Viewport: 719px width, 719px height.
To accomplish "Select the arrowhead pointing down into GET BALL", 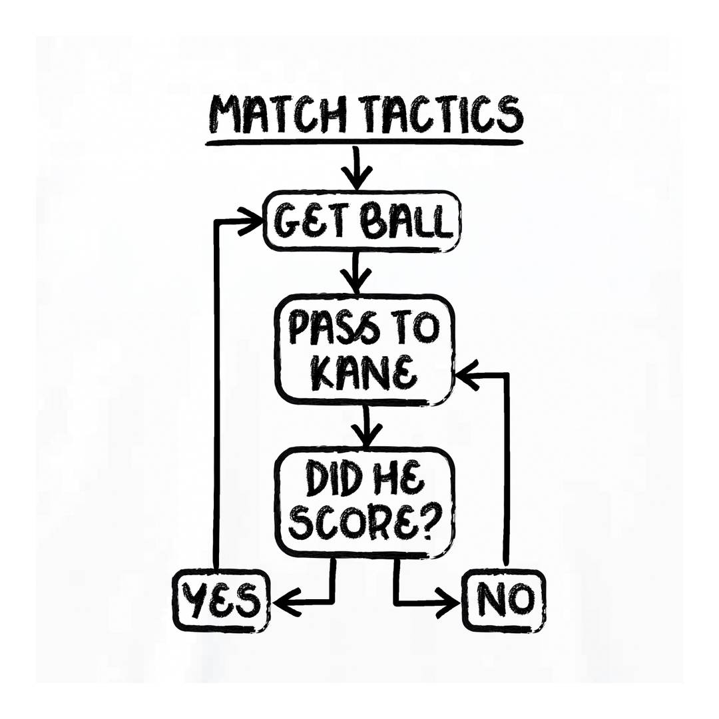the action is coord(356,177).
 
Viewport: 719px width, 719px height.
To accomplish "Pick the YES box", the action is coord(221,600).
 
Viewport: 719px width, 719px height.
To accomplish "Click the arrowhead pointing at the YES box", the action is coord(286,600).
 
